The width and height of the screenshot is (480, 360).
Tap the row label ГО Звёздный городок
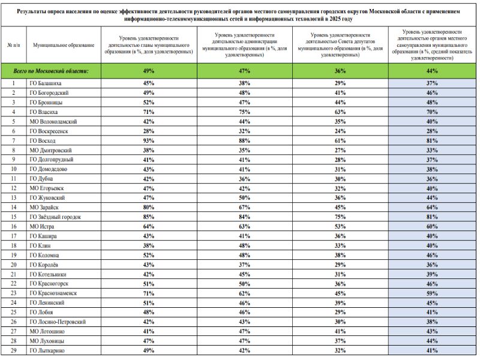pos(55,217)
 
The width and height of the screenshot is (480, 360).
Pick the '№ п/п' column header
pos(13,45)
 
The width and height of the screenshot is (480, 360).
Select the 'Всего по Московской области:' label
pos(52,71)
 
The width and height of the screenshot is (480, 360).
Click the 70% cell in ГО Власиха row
pos(432,112)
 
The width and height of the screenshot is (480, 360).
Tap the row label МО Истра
pos(44,226)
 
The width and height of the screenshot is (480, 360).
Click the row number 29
pos(13,350)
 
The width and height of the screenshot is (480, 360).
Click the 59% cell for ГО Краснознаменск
pos(432,293)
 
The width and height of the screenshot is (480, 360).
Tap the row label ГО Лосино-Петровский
pos(58,322)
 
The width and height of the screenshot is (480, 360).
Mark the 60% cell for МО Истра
pos(432,226)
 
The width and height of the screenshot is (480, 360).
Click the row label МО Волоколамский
pos(53,121)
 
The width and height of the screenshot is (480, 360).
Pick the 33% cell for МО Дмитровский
pos(432,150)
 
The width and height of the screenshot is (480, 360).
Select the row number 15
pos(13,217)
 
